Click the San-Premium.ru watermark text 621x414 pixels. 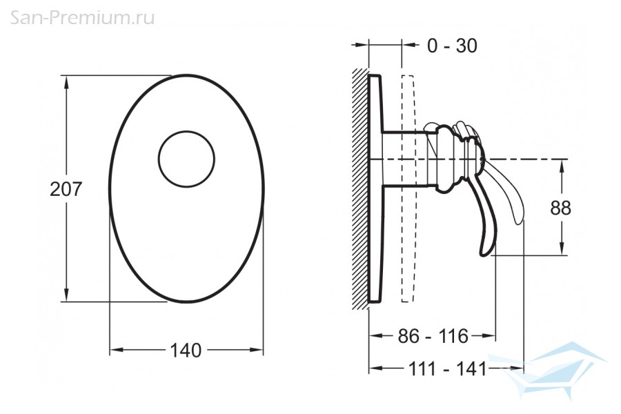click(82, 18)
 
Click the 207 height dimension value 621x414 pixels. click(66, 189)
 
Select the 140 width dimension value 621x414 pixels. click(186, 351)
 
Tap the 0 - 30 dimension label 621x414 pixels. click(452, 46)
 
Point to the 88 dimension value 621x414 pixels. click(561, 207)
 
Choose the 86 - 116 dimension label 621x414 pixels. click(433, 336)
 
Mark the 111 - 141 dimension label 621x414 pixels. click(447, 369)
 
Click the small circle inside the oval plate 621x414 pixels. click(186, 130)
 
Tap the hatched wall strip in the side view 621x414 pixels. click(360, 188)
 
